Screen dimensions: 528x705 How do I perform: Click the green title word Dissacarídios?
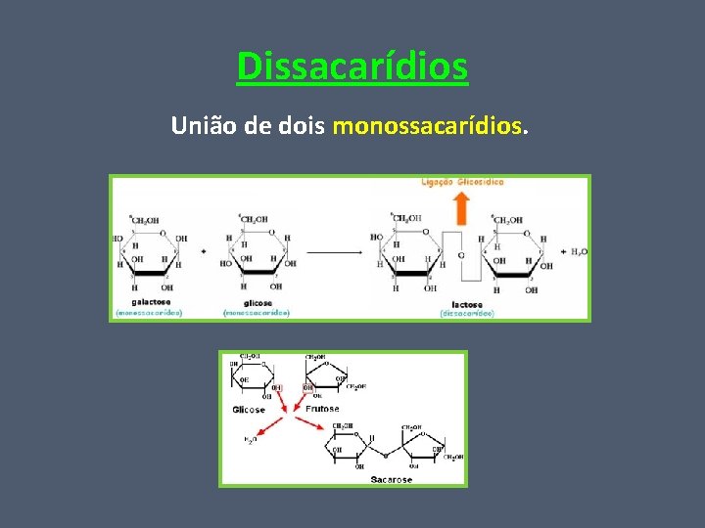coord(352,66)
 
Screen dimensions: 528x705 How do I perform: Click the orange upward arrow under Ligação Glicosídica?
coord(461,208)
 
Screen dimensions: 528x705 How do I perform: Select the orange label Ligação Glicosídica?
coord(461,182)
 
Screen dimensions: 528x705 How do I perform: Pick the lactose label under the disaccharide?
coord(467,304)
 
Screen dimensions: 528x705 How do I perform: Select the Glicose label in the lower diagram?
coord(249,410)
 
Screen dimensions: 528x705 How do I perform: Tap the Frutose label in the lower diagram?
coord(321,408)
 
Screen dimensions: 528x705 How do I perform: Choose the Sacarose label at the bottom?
coord(391,479)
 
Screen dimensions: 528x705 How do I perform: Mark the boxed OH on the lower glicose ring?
coord(278,388)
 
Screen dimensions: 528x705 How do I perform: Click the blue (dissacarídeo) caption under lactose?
coord(467,313)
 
